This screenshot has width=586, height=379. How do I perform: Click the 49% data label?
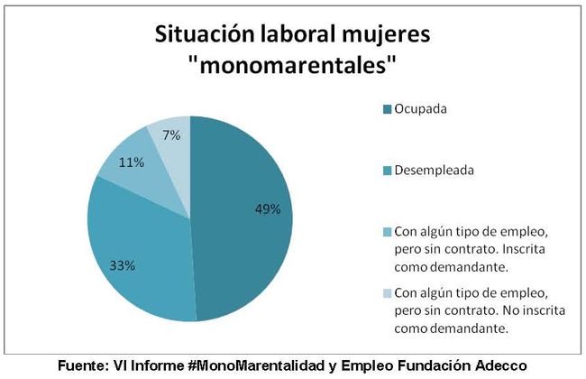click(268, 208)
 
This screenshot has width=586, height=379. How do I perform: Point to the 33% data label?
click(123, 265)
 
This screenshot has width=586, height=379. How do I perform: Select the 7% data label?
click(171, 135)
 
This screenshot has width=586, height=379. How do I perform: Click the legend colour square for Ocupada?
click(388, 110)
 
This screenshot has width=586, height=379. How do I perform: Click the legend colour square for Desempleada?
click(388, 170)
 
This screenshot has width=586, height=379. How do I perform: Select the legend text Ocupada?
click(421, 109)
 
